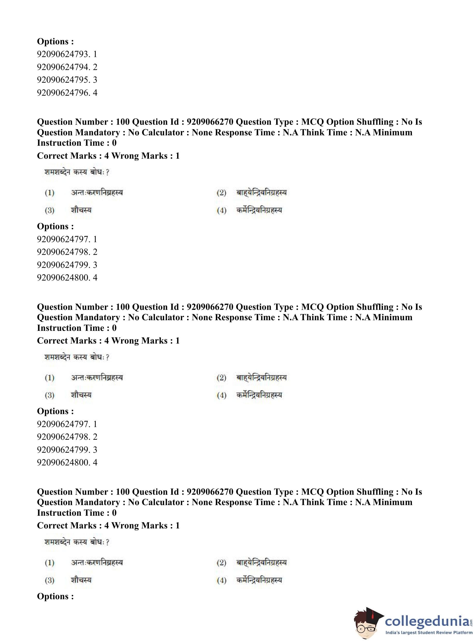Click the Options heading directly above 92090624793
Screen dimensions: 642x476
(55, 41)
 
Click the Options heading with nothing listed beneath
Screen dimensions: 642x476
(55, 596)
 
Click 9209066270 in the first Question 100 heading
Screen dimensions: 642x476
(210, 122)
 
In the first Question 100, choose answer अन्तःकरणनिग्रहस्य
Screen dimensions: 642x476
(97, 192)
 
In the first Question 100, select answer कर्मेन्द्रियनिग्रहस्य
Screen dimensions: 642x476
(259, 210)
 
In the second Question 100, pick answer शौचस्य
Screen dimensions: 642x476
(81, 395)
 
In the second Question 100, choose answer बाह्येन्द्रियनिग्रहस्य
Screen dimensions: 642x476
(261, 378)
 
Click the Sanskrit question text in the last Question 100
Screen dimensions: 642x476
(77, 542)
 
